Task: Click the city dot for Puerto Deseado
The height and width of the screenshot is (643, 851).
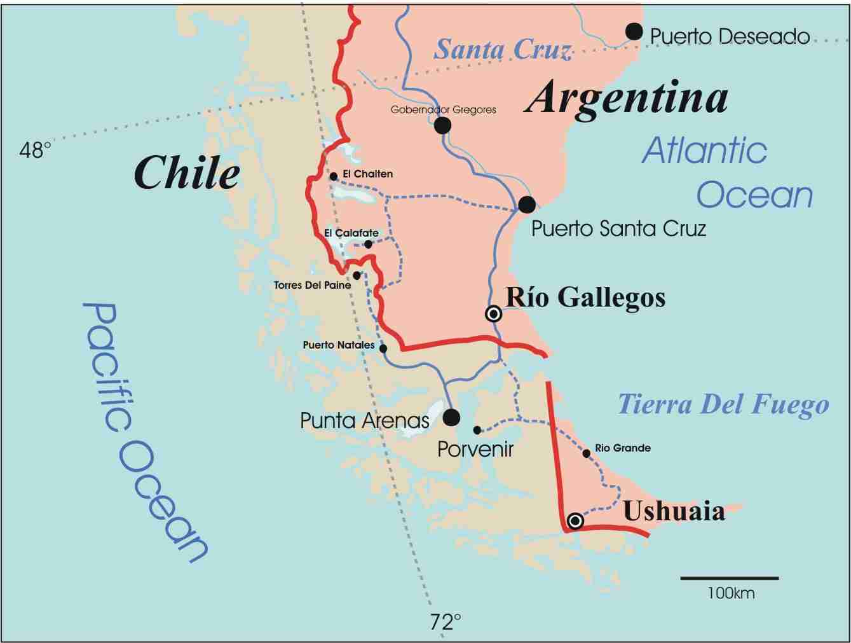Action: [634, 31]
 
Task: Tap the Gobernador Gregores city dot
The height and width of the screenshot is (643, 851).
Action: [442, 125]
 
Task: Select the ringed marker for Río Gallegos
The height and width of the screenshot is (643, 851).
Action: [493, 314]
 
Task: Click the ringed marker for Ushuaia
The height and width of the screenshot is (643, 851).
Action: [575, 521]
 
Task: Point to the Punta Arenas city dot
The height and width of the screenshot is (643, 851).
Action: [451, 417]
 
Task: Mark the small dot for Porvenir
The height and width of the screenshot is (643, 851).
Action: [477, 430]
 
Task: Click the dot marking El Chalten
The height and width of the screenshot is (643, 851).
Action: [334, 176]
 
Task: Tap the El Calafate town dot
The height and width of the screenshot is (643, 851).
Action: [368, 244]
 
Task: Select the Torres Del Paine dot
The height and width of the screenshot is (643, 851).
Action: [357, 275]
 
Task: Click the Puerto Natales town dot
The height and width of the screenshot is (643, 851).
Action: [383, 349]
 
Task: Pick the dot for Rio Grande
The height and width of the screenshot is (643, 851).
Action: [586, 453]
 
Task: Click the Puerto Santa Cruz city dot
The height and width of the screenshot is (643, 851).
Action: [526, 204]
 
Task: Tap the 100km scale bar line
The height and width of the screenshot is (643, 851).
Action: [729, 578]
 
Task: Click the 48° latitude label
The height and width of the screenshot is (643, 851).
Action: [35, 150]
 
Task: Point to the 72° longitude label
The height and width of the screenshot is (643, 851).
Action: [445, 621]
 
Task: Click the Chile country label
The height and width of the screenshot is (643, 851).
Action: [187, 173]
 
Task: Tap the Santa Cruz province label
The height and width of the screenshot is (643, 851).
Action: [502, 50]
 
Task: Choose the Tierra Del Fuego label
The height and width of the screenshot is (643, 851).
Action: [723, 404]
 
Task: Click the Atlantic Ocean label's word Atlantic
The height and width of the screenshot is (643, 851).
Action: [704, 151]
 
